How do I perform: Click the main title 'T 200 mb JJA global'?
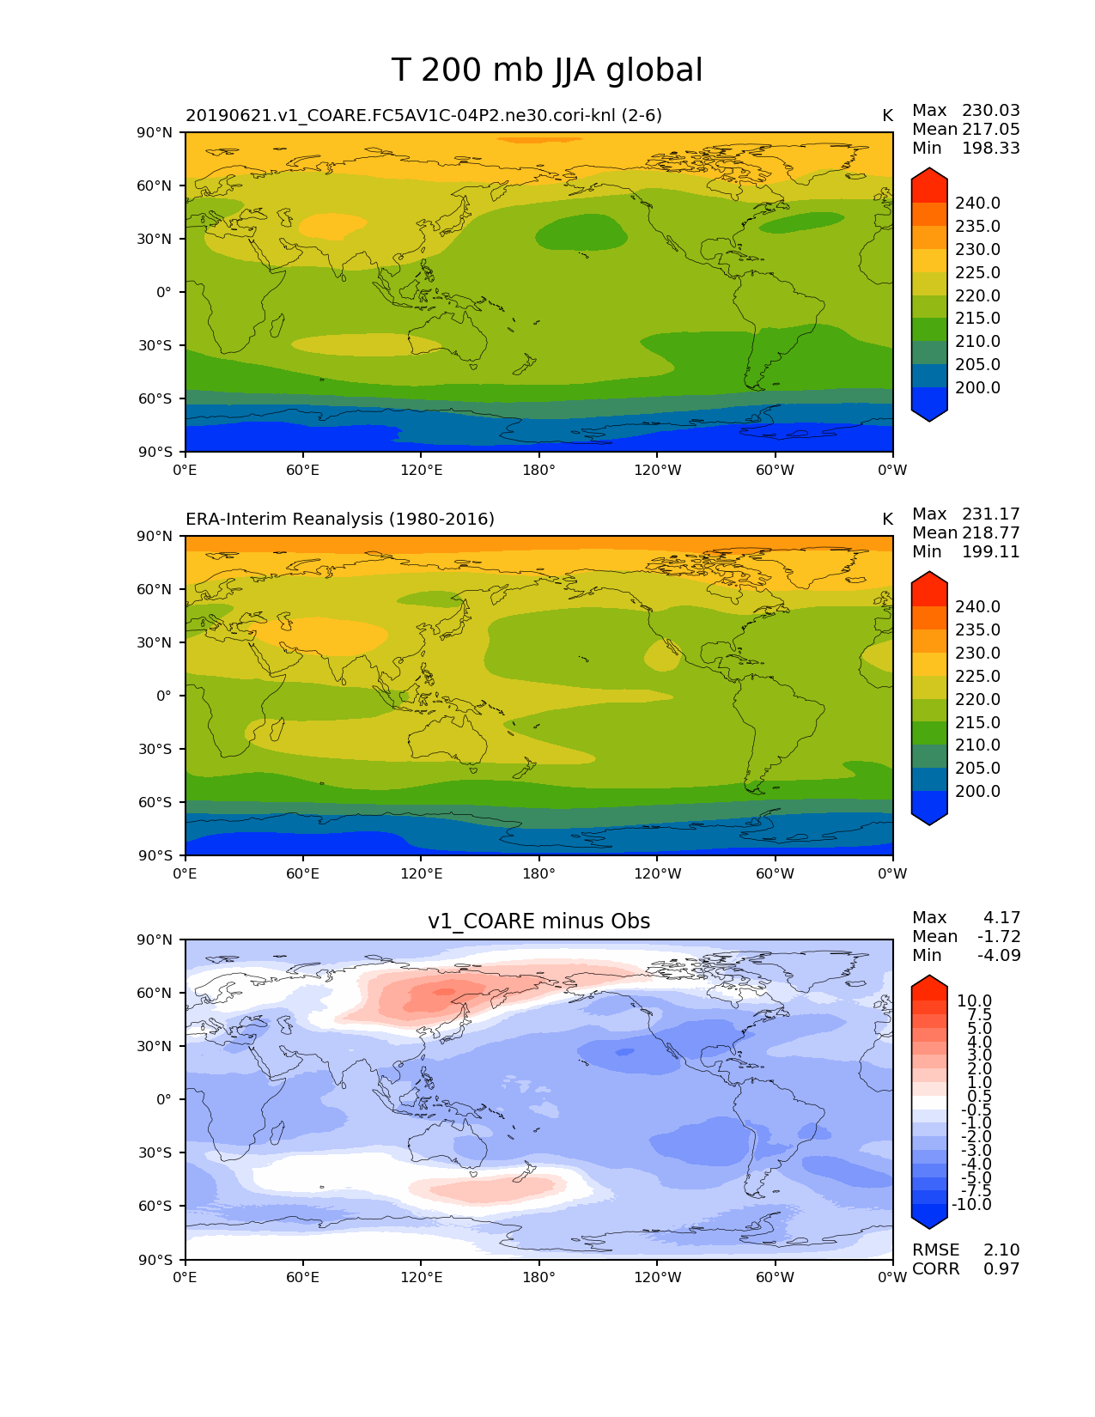click(x=547, y=70)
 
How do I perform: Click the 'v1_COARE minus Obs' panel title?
click(x=538, y=921)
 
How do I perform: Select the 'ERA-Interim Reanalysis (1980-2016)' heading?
click(x=340, y=520)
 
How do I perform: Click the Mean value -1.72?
click(x=999, y=937)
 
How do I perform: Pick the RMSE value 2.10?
click(x=1001, y=1250)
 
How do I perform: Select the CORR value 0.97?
click(x=1001, y=1269)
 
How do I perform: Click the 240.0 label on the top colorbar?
click(x=977, y=204)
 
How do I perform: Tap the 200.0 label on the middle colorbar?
click(x=977, y=792)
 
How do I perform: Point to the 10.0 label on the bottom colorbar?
click(x=974, y=1001)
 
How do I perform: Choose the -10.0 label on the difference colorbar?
click(x=971, y=1205)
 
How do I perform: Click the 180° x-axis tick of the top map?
click(x=538, y=470)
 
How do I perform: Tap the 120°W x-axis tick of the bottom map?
click(x=658, y=1277)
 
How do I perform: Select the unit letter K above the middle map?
click(x=887, y=520)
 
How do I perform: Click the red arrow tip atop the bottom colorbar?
click(x=929, y=985)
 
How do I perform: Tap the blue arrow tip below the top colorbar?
click(x=929, y=413)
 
